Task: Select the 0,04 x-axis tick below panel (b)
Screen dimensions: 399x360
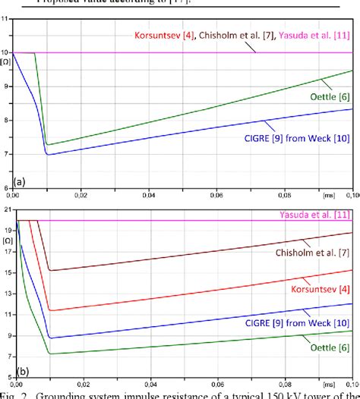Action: click(x=153, y=385)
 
